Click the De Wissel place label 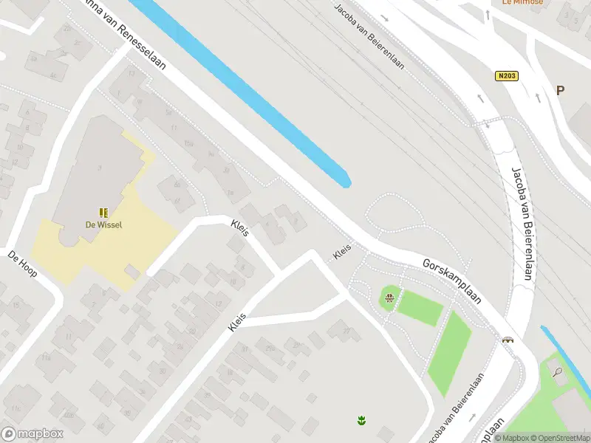(x=103, y=225)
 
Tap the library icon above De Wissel (x=103, y=212)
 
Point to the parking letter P (x=560, y=90)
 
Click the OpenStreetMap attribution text (x=561, y=438)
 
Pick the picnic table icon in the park (x=389, y=298)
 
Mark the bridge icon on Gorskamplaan (x=508, y=340)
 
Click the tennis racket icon (x=558, y=371)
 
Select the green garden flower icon (x=362, y=421)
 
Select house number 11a (x=46, y=358)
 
